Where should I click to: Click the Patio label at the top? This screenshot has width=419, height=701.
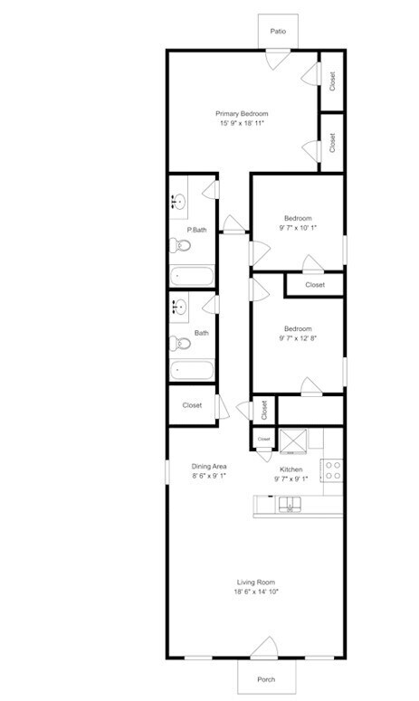[x=279, y=32]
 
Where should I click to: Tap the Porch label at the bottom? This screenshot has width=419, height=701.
[x=266, y=679]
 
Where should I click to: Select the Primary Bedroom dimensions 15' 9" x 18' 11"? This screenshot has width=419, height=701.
[x=243, y=123]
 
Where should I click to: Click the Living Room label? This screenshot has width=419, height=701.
[x=256, y=582]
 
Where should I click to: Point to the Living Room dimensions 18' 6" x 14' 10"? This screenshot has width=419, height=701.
[x=256, y=592]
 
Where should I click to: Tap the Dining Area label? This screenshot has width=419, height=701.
[x=208, y=466]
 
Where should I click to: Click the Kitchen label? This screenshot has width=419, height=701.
[x=290, y=469]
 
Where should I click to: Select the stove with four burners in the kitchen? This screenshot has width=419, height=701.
[x=333, y=469]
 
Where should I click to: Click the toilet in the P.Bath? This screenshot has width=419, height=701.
[x=179, y=244]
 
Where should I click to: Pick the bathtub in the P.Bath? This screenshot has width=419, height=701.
[x=192, y=275]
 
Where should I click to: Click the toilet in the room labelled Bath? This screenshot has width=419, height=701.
[x=179, y=343]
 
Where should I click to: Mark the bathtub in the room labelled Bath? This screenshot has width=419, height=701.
[x=192, y=370]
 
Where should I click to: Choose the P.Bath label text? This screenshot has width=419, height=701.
[x=196, y=230]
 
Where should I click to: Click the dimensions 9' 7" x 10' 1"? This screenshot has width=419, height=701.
[x=298, y=228]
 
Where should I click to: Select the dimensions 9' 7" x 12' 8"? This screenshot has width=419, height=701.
[x=298, y=338]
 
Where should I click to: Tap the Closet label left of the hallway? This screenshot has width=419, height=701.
[x=192, y=405]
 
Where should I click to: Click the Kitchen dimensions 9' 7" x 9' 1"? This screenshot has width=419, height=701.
[x=290, y=479]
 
